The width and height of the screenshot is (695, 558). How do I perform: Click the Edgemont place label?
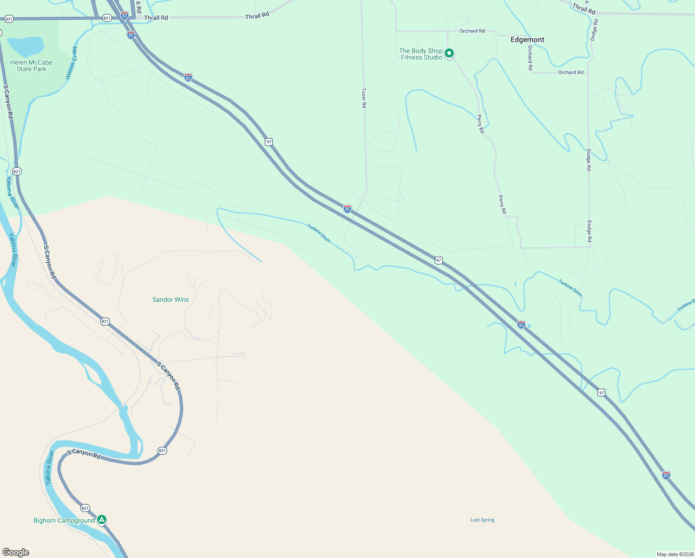[x=527, y=40]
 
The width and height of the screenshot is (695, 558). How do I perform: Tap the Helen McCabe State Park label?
[x=31, y=66]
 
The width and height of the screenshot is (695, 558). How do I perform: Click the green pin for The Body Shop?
[x=449, y=53]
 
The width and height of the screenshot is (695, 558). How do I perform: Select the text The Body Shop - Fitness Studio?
[x=421, y=54]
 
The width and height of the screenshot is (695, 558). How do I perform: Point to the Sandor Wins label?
[x=170, y=299]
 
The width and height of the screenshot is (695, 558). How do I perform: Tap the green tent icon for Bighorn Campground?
[x=102, y=520]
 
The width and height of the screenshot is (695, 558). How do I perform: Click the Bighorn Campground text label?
[x=64, y=520]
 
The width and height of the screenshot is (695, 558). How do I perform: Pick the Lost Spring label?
[x=482, y=520]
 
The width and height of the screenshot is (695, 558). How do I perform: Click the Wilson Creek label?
[x=72, y=63]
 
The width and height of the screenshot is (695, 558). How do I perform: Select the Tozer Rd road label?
[x=364, y=98]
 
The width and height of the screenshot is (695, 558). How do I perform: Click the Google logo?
[x=16, y=552]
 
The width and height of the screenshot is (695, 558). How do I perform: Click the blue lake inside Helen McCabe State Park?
[x=26, y=46]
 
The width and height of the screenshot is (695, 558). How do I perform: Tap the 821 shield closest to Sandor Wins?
[x=105, y=321]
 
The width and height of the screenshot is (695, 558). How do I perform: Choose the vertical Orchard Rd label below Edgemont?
[x=530, y=58]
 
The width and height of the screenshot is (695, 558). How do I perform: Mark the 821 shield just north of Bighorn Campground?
[x=85, y=508]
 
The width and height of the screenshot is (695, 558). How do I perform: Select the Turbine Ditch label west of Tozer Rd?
[x=319, y=233]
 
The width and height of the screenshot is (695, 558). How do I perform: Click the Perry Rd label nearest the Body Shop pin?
[x=480, y=124]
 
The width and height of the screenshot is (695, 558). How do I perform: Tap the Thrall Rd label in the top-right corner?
[x=584, y=8]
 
